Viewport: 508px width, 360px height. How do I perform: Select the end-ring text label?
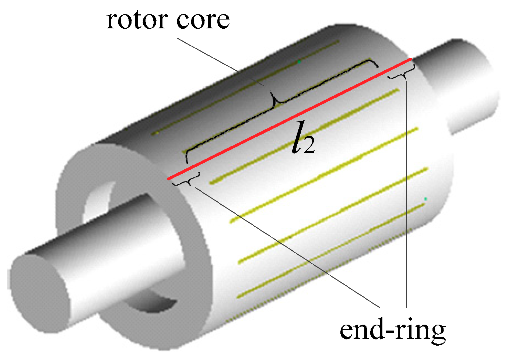tap(392, 330)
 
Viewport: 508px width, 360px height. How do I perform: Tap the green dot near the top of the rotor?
tap(299, 62)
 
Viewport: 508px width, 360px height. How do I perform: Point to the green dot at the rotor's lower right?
tap(425, 199)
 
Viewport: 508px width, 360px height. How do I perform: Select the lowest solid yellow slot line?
tap(332, 250)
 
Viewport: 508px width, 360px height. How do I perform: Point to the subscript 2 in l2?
tap(310, 147)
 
